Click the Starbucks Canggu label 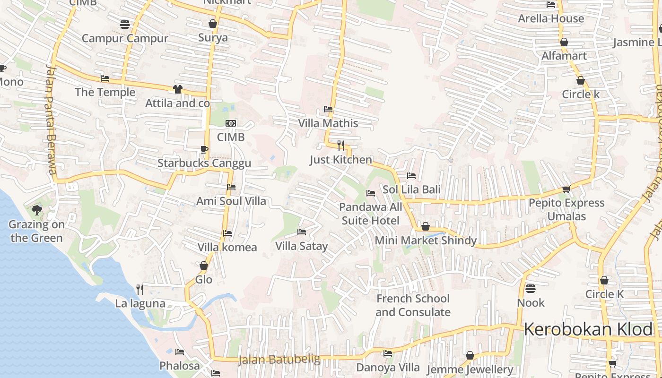click(204, 163)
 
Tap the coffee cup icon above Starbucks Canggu click(204, 149)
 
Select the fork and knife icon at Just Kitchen click(341, 145)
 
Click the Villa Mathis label click(328, 123)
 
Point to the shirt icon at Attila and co click(178, 89)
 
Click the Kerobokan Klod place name click(589, 329)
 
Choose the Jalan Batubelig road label click(279, 360)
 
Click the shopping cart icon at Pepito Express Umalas click(566, 189)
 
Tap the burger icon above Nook click(531, 288)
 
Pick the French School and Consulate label click(413, 305)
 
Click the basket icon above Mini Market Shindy click(426, 227)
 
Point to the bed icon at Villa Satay click(301, 232)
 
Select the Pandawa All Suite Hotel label click(371, 214)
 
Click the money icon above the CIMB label click(231, 123)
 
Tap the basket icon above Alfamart click(564, 43)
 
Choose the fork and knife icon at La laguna click(140, 289)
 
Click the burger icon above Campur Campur click(125, 24)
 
